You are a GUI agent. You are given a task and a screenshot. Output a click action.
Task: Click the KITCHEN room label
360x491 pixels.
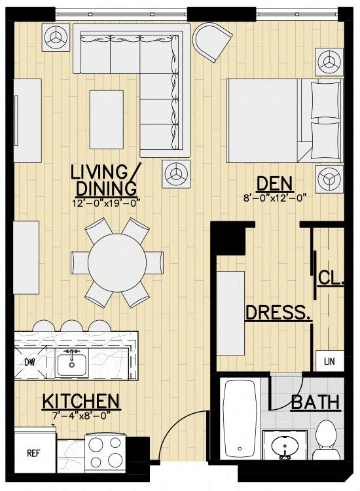pos(81,401)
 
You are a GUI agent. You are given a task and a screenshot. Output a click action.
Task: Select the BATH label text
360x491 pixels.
pos(315,402)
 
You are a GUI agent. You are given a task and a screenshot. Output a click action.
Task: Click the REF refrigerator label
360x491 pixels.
pos(33,454)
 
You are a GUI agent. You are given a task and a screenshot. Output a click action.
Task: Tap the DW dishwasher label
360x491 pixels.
pos(29,362)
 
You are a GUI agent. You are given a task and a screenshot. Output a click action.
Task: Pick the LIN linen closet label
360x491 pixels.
pos(329,361)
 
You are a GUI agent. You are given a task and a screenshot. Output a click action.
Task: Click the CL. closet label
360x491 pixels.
pos(331,278)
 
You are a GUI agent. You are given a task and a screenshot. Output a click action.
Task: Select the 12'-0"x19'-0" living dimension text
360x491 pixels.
pos(105,202)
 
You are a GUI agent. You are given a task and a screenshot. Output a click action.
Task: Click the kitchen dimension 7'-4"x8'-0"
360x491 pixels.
pos(81,416)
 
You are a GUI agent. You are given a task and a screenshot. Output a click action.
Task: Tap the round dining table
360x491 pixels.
pos(117,263)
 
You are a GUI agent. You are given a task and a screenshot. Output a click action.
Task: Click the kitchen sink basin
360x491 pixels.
pos(72,362)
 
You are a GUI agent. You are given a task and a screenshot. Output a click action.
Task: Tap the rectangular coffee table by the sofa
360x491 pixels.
pos(107,119)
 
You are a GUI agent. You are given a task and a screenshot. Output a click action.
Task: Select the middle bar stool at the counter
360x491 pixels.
pos(72,325)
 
